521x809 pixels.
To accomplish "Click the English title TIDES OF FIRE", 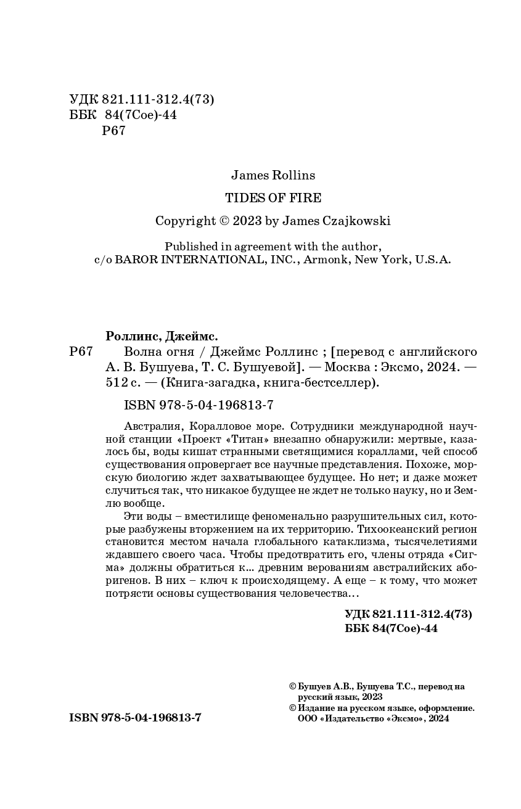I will click(x=273, y=198).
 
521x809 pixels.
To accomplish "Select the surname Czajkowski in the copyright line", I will click(x=357, y=221).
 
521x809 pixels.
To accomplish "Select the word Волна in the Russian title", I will click(x=141, y=352).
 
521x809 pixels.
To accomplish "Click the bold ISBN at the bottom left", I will click(x=84, y=718).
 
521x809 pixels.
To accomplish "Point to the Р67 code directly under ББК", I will click(x=113, y=131).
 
